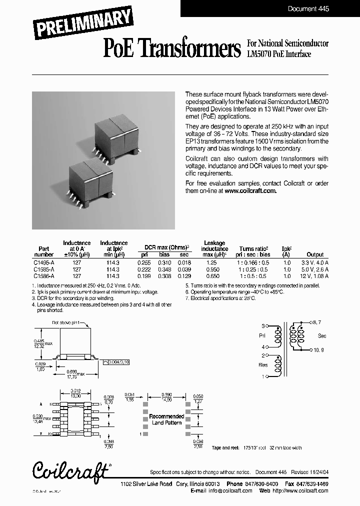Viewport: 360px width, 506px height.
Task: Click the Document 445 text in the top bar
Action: [308, 8]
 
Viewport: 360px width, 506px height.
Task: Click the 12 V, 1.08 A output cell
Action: [315, 276]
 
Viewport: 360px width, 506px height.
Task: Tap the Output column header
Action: [315, 254]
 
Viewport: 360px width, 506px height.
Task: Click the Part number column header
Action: [43, 251]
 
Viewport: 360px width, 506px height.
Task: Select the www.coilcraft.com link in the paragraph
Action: [250, 190]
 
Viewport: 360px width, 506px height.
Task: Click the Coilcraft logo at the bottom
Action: [70, 470]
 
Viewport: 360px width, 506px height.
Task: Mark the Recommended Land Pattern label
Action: [166, 419]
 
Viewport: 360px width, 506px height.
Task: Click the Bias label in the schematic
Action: [263, 365]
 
